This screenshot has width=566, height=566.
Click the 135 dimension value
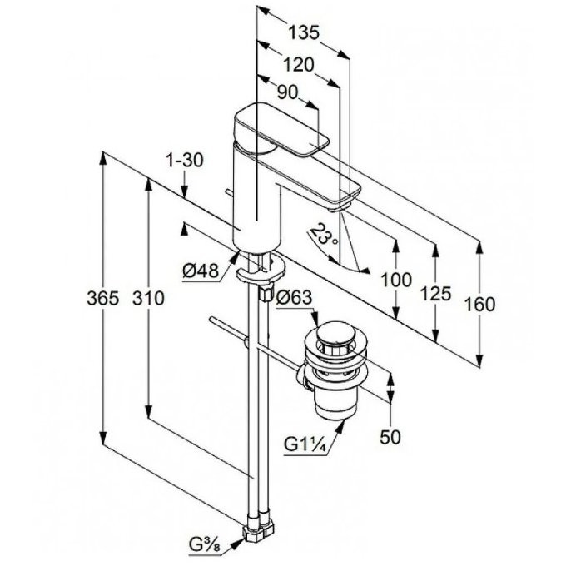[304, 32]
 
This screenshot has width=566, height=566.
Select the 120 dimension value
[299, 65]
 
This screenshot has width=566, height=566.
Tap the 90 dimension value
[288, 92]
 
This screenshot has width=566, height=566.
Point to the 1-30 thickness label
[185, 161]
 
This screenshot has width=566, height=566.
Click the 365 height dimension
[103, 299]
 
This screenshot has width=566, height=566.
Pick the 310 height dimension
[148, 299]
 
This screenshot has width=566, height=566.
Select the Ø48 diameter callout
[201, 271]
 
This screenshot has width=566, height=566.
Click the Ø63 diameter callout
[294, 298]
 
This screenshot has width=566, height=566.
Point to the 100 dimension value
[396, 280]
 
